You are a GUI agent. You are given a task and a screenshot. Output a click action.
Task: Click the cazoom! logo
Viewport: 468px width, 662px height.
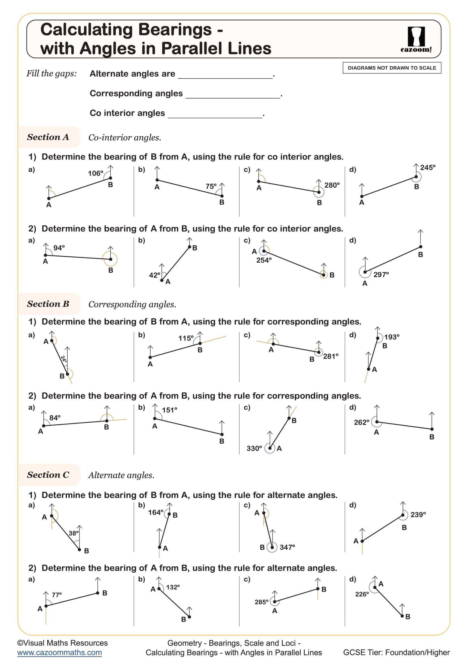click(x=416, y=40)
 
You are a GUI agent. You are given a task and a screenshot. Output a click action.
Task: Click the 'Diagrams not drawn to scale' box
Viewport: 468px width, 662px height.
click(x=392, y=68)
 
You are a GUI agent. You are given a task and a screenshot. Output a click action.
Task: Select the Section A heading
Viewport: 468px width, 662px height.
click(x=48, y=137)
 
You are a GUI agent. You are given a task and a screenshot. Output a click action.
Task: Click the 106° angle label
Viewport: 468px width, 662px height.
click(x=95, y=173)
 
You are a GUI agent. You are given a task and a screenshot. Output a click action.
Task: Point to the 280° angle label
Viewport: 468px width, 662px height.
click(x=332, y=185)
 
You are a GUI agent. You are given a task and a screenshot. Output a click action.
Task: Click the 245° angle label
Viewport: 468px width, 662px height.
click(x=427, y=168)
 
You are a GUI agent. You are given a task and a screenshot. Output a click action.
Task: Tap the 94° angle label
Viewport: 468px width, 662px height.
click(x=59, y=248)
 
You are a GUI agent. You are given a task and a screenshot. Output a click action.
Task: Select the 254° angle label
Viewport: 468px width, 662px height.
click(x=264, y=260)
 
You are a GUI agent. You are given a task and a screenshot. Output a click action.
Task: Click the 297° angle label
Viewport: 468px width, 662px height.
click(x=381, y=275)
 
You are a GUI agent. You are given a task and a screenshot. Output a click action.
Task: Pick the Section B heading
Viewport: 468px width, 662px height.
click(x=48, y=304)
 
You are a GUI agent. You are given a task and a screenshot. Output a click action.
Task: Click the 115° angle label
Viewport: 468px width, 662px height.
click(x=186, y=338)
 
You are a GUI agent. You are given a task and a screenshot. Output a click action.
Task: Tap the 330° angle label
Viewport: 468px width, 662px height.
click(x=254, y=448)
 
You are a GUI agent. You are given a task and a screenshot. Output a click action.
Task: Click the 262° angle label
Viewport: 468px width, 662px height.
click(x=361, y=422)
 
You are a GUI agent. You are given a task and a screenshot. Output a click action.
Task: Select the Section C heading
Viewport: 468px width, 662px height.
click(x=48, y=475)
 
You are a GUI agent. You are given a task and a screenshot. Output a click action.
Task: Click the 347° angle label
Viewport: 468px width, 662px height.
click(x=287, y=547)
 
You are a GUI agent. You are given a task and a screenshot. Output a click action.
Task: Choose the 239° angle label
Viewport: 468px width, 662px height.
click(x=418, y=515)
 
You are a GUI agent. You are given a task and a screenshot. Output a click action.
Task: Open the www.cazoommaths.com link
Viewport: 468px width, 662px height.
click(x=59, y=652)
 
